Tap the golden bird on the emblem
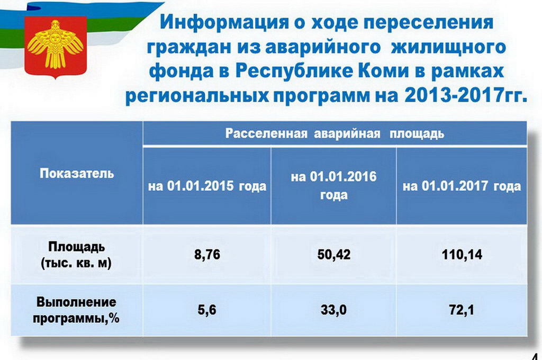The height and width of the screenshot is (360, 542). [x=55, y=44]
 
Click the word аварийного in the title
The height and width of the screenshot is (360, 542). [x=323, y=47]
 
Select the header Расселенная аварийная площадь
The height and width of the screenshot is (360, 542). [x=335, y=133]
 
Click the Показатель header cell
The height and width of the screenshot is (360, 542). [x=77, y=173]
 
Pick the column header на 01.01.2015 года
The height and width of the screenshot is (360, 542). [x=207, y=186]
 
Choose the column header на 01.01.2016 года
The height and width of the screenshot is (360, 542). [x=333, y=186]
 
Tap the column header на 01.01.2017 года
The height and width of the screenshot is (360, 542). [x=462, y=186]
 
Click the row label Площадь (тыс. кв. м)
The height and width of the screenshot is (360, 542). [x=76, y=255]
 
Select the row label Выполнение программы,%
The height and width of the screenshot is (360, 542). [x=76, y=310]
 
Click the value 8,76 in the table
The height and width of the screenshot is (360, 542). [x=207, y=255]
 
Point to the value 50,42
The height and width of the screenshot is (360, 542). [x=334, y=255]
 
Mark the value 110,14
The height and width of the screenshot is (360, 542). [x=462, y=255]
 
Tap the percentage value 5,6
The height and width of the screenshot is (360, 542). [x=207, y=310]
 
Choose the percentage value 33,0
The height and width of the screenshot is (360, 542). [x=333, y=310]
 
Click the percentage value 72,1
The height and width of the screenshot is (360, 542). [x=462, y=310]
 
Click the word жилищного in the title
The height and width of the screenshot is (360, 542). [x=448, y=47]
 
